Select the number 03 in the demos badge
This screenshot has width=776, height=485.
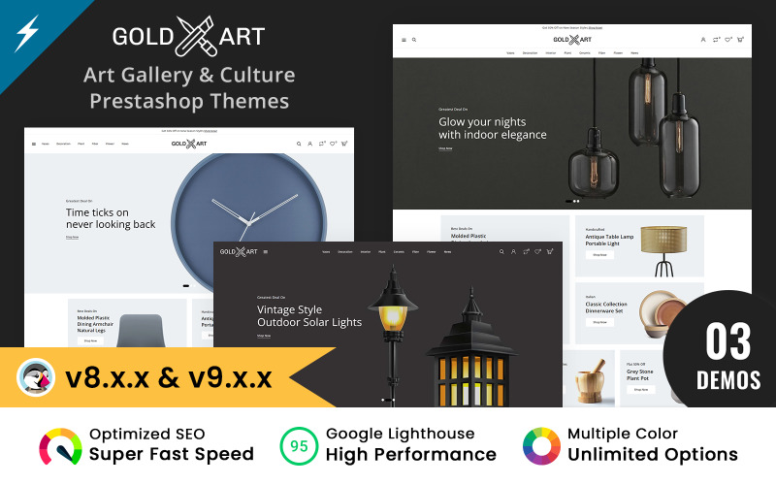click(727, 342)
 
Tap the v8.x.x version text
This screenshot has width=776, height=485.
click(108, 375)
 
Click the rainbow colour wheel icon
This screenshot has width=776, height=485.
click(541, 445)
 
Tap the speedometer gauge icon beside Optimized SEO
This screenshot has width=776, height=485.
click(59, 445)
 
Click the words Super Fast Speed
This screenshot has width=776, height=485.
click(172, 454)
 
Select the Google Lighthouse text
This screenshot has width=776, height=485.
click(401, 434)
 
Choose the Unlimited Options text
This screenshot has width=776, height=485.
click(653, 454)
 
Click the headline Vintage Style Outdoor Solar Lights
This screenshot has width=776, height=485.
click(308, 315)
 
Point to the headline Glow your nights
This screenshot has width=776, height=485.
click(482, 122)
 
